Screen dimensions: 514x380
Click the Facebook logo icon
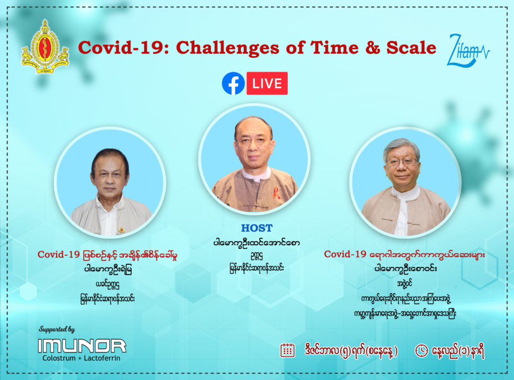coord(233,83)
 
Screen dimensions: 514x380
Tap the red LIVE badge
coord(267,83)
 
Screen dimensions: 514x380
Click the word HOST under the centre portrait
coord(257,228)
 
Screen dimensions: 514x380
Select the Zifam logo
coord(468,50)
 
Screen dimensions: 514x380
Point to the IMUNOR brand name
coord(82,346)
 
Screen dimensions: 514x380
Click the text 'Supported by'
coord(57,329)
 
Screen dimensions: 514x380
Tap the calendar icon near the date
coord(287,350)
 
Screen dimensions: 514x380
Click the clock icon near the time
coord(421,351)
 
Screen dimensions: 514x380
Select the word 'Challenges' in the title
coord(228,48)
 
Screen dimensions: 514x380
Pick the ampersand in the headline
coord(372,48)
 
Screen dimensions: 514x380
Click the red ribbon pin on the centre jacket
coord(276,193)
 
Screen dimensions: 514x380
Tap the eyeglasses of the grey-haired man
coord(402,162)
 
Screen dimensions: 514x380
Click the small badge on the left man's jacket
coord(121,230)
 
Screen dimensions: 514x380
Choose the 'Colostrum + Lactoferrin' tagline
coord(81,358)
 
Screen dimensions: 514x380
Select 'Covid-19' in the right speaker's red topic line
coord(345,254)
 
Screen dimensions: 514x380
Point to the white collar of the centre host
coord(257,174)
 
